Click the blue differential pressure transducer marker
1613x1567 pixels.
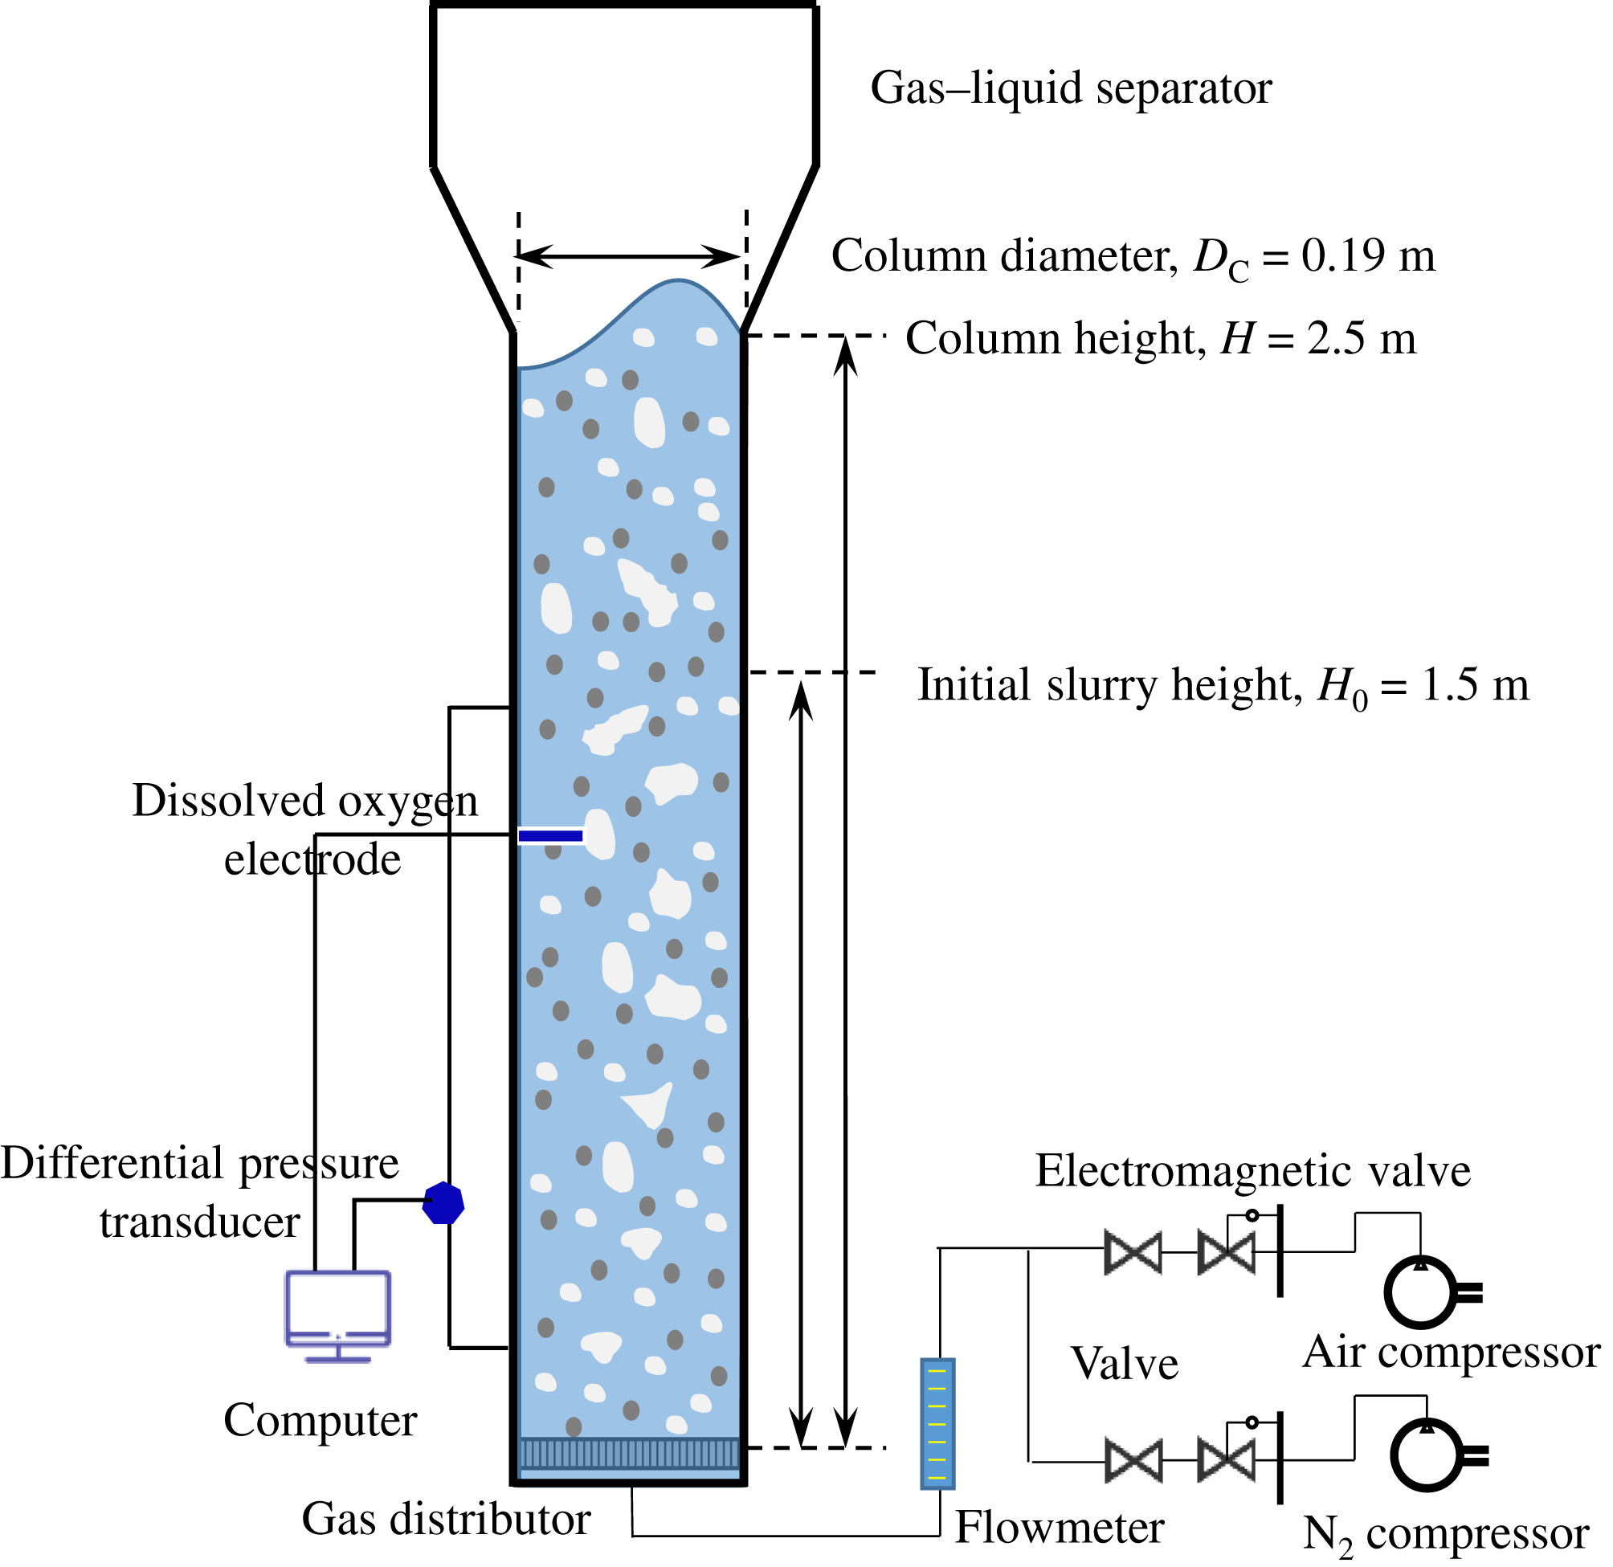443,1203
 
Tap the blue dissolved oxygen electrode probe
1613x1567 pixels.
550,836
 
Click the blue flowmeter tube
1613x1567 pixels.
937,1425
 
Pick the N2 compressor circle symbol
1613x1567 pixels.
1426,1455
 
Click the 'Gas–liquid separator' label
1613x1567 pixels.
1071,88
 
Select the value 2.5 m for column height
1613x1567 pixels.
1362,338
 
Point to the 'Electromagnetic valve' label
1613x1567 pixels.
1252,1170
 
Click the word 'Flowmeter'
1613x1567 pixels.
1060,1528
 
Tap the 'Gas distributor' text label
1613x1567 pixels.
446,1519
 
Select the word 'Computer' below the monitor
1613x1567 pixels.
321,1420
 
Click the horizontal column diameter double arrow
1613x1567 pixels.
631,257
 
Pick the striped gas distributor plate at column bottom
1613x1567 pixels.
630,1453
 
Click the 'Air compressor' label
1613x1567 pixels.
1451,1352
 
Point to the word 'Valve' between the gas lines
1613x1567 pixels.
1124,1364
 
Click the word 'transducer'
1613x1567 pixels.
200,1222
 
